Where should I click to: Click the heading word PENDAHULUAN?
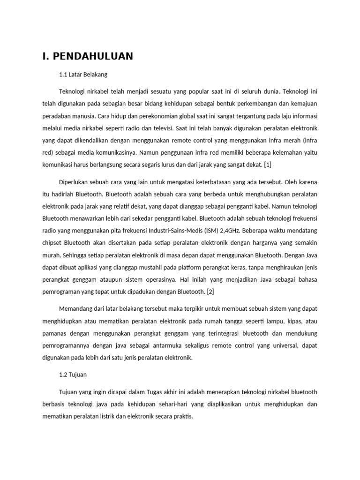click(x=93, y=57)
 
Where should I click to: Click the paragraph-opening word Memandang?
click(x=76, y=309)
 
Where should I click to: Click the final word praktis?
click(x=182, y=416)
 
